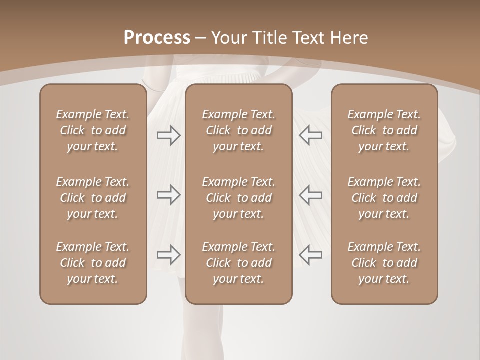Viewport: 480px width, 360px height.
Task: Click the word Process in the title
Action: pos(157,38)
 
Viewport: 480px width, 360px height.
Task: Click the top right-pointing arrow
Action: pos(168,135)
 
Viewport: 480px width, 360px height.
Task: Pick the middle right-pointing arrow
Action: pos(168,195)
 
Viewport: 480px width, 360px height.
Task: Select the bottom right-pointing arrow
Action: pos(168,254)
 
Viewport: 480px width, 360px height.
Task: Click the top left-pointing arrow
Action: pos(311,135)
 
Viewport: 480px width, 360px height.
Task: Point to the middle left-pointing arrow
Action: pos(311,195)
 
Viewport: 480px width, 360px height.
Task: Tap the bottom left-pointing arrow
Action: pos(311,254)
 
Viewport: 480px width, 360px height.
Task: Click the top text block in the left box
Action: pos(93,130)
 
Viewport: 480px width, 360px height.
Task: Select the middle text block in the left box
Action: pos(93,198)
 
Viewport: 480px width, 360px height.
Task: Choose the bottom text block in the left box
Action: pos(93,263)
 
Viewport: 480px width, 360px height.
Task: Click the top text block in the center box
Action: pos(238,130)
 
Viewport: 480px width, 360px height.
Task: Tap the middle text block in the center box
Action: pos(238,198)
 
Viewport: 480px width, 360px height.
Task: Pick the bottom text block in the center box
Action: pos(238,263)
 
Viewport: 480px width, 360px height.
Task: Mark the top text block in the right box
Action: pos(384,130)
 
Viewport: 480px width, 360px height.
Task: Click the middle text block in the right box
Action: pos(384,198)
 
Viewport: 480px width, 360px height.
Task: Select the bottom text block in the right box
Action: pos(384,263)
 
